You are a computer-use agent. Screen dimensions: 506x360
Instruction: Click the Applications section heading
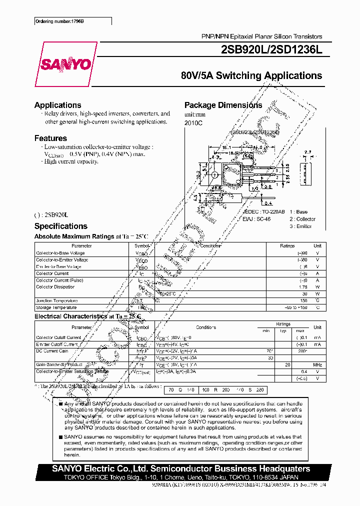pos(57,105)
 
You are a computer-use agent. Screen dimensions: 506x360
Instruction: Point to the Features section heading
pos(50,138)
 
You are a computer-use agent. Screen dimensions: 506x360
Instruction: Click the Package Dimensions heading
pos(223,105)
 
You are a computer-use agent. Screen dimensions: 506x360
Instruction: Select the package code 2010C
pos(193,122)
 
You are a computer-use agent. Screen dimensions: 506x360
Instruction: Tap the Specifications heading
pos(60,226)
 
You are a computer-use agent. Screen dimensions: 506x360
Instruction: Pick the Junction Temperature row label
pos(56,300)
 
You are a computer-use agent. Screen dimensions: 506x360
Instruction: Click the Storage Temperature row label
pos(56,307)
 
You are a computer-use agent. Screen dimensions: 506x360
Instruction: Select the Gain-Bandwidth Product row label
pos(59,364)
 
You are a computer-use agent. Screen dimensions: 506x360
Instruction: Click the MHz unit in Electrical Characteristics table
pos(317,365)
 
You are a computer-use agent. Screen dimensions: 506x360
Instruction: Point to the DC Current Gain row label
pos(52,351)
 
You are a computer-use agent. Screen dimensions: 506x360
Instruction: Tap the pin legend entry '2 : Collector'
pos(302,219)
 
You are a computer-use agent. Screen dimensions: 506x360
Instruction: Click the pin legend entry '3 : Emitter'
pos(300,226)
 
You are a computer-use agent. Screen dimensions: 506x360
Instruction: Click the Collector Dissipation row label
pos(55,287)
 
